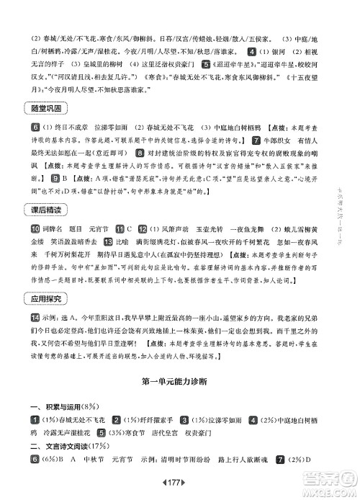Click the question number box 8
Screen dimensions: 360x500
(x=139, y=153)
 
